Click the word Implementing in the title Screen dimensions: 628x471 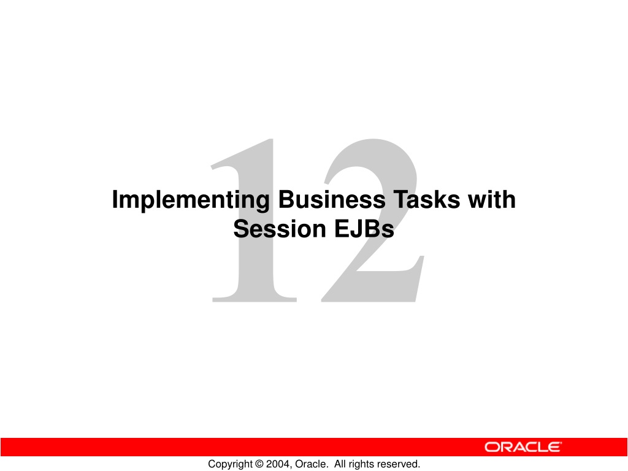191,201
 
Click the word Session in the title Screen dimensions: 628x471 280,229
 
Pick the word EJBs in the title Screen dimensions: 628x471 364,229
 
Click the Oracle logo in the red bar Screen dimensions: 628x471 523,447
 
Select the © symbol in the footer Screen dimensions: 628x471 259,464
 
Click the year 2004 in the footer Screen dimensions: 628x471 278,464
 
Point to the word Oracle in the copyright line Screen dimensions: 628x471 310,464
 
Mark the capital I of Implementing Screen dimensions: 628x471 115,199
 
